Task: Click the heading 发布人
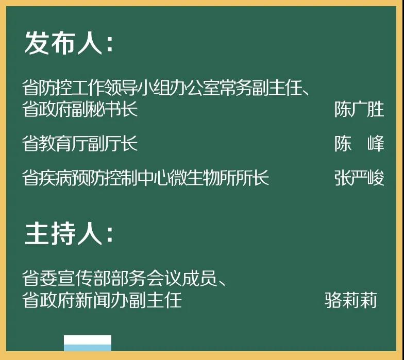pyautogui.click(x=63, y=43)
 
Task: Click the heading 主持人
pyautogui.click(x=63, y=233)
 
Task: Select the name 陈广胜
pyautogui.click(x=359, y=109)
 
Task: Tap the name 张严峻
pyautogui.click(x=359, y=178)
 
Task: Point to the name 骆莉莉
pyautogui.click(x=350, y=300)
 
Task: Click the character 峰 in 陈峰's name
pyautogui.click(x=376, y=143)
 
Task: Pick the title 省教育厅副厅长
pyautogui.click(x=80, y=143)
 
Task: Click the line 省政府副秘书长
pyautogui.click(x=80, y=109)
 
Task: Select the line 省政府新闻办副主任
pyautogui.click(x=102, y=300)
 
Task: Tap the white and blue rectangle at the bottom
pyautogui.click(x=88, y=343)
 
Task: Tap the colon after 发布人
pyautogui.click(x=109, y=44)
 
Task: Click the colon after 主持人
pyautogui.click(x=109, y=235)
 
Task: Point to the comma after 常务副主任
pyautogui.click(x=306, y=92)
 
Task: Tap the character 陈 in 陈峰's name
pyautogui.click(x=343, y=143)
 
